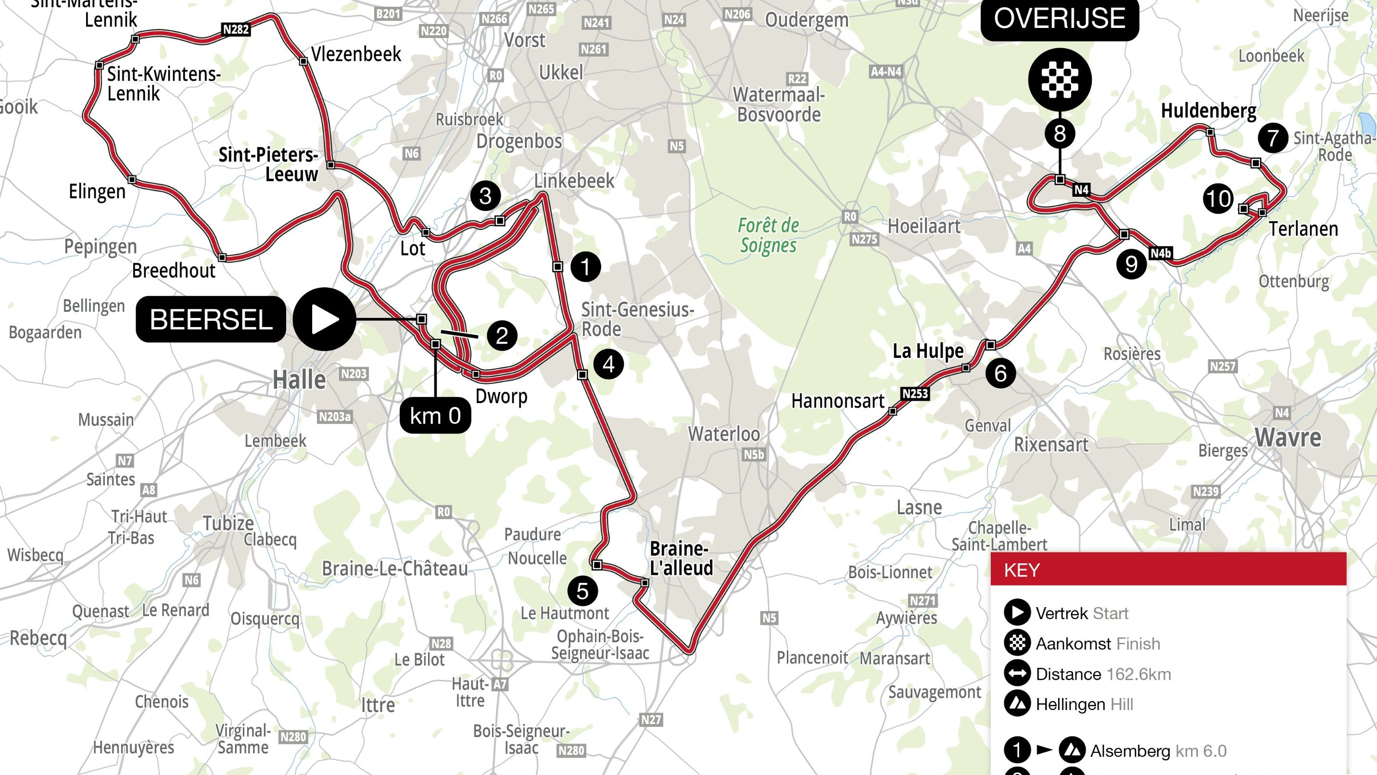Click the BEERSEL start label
point(211,319)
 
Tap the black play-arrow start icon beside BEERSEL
point(324,319)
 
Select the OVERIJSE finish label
point(1060,19)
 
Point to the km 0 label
point(435,415)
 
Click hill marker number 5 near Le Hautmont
point(582,591)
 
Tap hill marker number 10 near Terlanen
point(1218,199)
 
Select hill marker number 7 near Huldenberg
point(1273,138)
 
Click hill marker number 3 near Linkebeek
point(485,196)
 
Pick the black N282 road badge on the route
point(236,29)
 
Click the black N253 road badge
point(915,394)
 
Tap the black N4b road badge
point(1161,254)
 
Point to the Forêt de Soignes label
point(768,235)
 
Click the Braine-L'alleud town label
point(681,558)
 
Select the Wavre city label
point(1288,438)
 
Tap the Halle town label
point(299,381)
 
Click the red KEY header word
point(1021,570)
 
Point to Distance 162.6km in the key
point(1103,674)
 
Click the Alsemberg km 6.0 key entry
point(1158,751)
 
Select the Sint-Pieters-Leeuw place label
point(268,164)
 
